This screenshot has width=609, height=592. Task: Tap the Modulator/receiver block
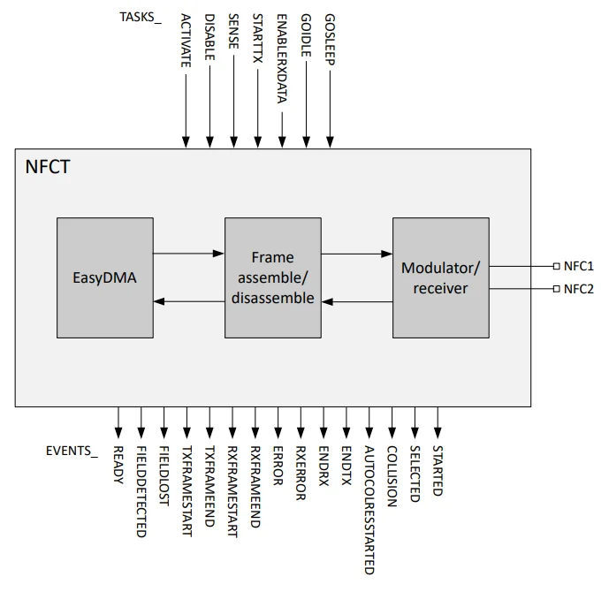tap(440, 277)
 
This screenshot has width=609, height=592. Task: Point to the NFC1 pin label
tap(578, 265)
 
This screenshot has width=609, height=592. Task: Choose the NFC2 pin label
tap(578, 289)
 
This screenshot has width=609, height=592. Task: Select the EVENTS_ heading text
tap(72, 451)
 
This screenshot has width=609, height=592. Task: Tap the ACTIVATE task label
tap(186, 42)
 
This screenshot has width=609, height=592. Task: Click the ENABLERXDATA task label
tap(282, 58)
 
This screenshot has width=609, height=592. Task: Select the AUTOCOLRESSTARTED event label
tap(369, 511)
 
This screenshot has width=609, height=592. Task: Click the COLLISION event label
tap(392, 475)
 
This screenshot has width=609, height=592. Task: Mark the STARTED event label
tap(438, 470)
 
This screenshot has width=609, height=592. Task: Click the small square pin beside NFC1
tap(555, 265)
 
